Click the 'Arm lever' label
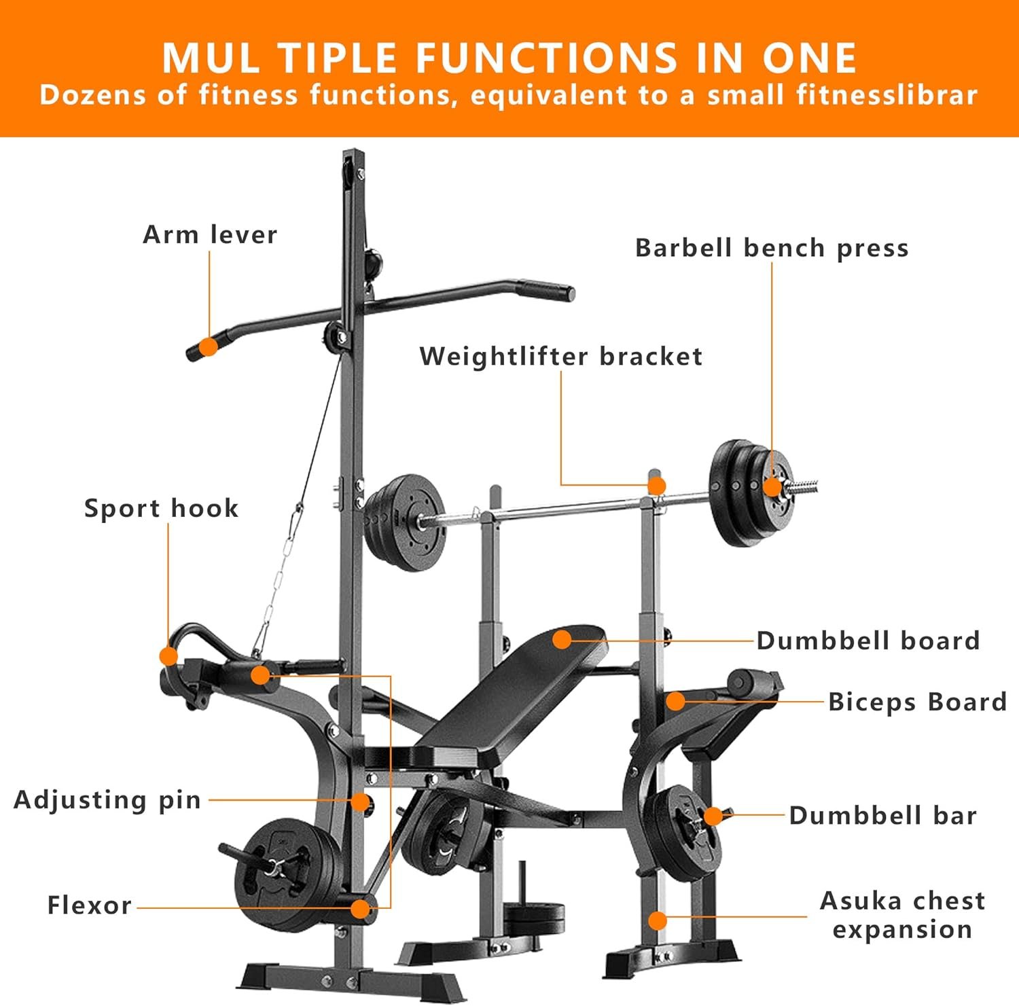210,235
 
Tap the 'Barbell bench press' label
772,248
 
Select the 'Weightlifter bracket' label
560,357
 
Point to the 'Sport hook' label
161,508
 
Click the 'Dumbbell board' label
868,641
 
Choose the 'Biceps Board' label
917,702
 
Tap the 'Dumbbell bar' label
882,815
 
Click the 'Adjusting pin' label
107,800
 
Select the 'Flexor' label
89,905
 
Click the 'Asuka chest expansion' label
902,914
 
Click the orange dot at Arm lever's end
209,347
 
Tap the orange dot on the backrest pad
562,639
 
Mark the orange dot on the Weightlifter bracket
656,486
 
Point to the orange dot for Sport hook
168,656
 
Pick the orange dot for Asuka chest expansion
658,920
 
